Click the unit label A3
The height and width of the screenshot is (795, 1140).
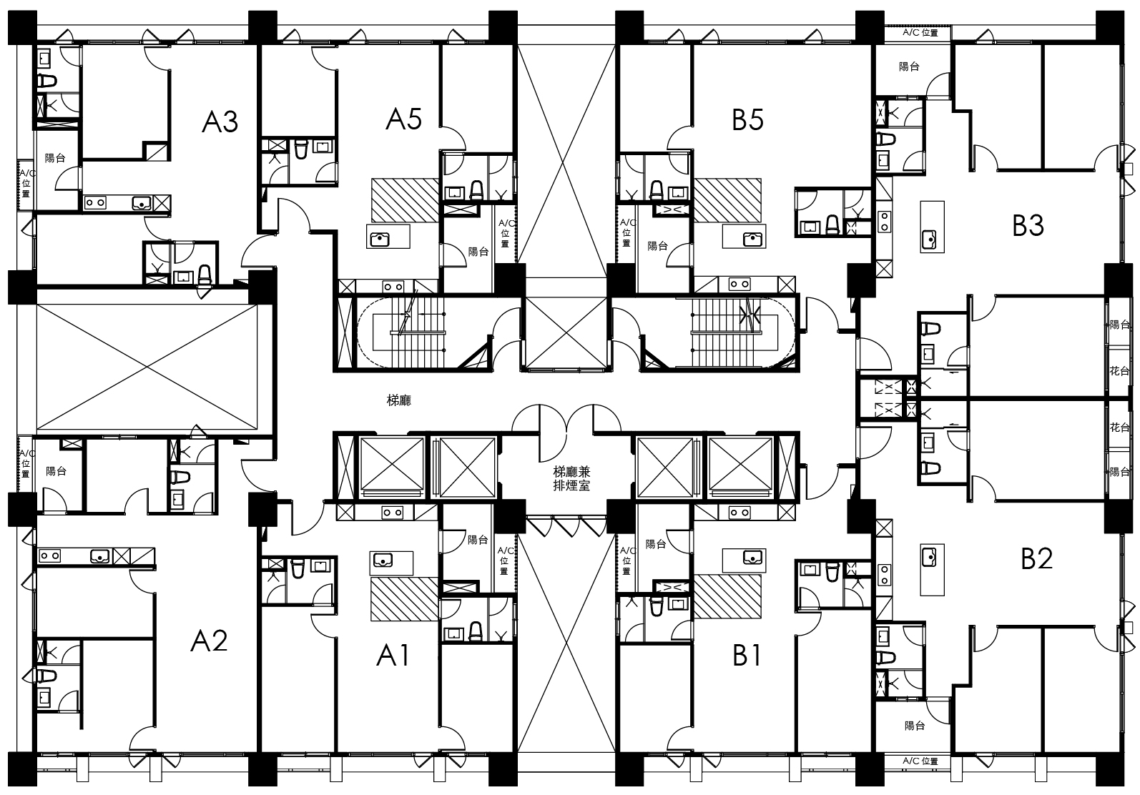(x=220, y=122)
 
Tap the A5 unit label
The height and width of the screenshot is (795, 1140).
(x=403, y=119)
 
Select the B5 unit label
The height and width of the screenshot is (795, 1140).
(x=747, y=120)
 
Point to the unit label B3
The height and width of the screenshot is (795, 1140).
(x=1028, y=226)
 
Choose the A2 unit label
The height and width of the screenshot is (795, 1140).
(x=209, y=641)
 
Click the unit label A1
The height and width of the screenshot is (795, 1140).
(x=393, y=656)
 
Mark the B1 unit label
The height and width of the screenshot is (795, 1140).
(x=747, y=656)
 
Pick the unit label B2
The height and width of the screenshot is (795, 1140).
(x=1037, y=558)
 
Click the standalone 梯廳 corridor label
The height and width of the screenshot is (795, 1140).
(x=398, y=401)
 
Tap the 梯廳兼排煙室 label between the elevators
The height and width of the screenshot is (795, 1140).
(x=571, y=478)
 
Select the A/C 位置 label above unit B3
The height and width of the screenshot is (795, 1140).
(x=920, y=33)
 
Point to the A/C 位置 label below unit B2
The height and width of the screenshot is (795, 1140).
(x=920, y=761)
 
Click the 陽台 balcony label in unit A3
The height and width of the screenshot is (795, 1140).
(x=55, y=158)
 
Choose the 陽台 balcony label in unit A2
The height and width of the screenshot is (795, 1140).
(x=56, y=472)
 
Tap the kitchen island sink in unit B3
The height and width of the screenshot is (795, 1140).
(x=929, y=238)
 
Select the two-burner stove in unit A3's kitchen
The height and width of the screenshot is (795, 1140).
(x=95, y=203)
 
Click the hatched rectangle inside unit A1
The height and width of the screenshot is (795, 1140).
(x=405, y=599)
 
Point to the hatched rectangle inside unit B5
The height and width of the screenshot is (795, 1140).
(x=728, y=200)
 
